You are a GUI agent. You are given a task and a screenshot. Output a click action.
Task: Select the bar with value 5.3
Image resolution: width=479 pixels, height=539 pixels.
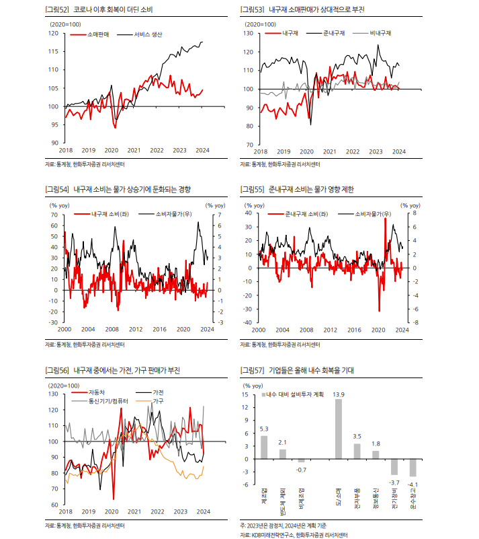click(264, 447)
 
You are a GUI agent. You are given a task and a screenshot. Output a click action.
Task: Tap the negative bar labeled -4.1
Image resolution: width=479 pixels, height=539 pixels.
click(413, 467)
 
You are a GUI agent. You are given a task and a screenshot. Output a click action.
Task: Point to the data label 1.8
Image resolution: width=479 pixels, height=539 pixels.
click(376, 443)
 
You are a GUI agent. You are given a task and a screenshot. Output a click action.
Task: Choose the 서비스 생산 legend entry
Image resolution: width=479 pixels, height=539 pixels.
click(147, 34)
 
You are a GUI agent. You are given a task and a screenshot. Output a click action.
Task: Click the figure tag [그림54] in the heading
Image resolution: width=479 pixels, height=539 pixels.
click(56, 190)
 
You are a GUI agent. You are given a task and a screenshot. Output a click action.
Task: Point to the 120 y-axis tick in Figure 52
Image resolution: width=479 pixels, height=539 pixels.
click(54, 33)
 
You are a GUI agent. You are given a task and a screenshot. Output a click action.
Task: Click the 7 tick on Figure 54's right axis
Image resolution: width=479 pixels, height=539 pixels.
click(211, 215)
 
